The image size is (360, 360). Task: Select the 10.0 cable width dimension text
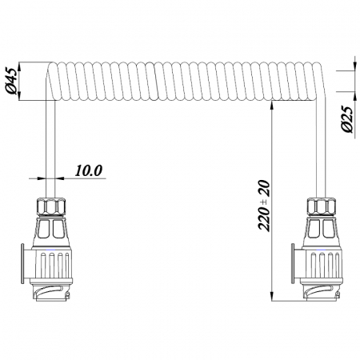click(88, 170)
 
